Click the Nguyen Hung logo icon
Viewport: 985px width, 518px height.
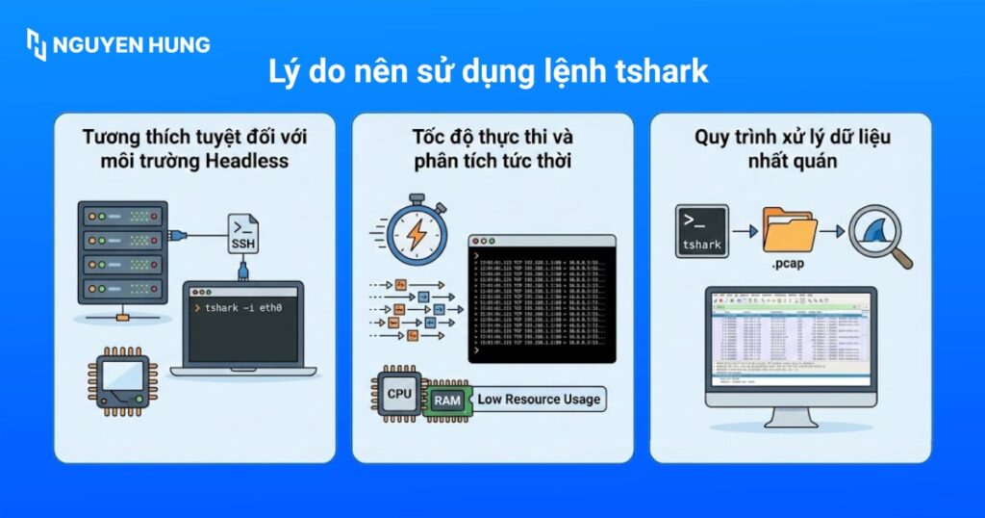point(37,44)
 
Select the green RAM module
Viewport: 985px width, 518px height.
point(446,398)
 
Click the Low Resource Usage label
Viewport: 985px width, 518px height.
point(538,399)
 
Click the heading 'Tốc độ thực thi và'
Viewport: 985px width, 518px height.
point(492,136)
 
